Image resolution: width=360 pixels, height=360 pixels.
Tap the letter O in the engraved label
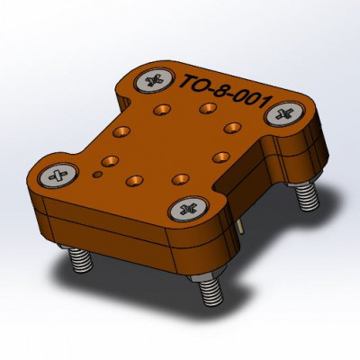pos(204,85)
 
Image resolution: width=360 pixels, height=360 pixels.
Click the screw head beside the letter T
pos(154,80)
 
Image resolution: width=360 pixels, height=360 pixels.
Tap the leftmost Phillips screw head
pos(58,175)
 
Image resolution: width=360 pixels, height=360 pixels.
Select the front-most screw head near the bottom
pos(189,208)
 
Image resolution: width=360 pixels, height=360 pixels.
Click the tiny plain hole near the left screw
pos(97,175)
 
